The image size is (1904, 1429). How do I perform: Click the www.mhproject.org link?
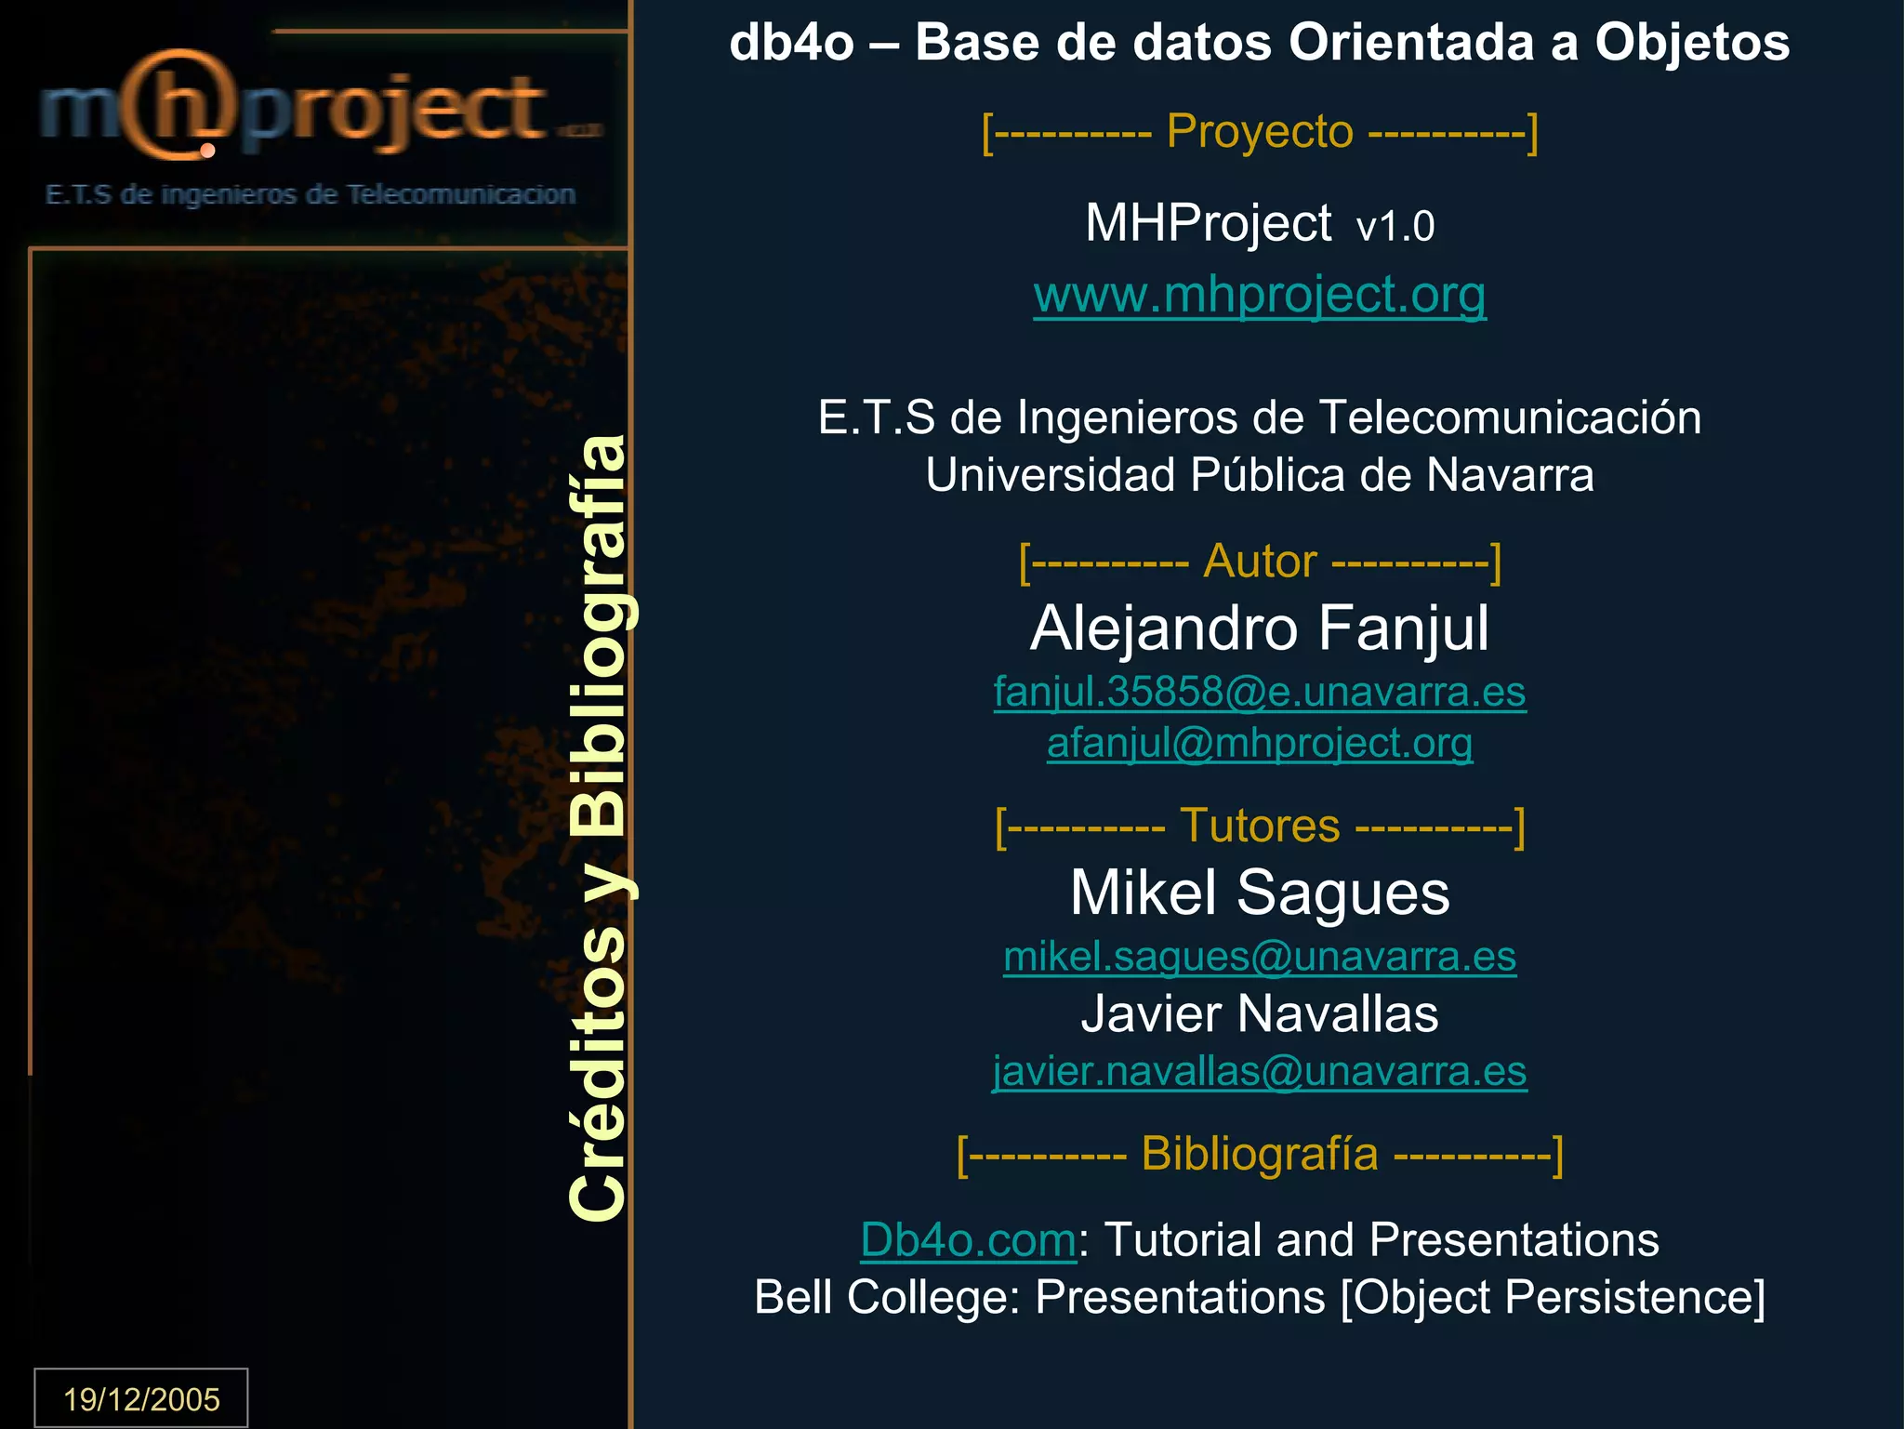pyautogui.click(x=1259, y=295)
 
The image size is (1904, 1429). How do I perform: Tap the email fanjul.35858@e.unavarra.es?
pyautogui.click(x=1259, y=692)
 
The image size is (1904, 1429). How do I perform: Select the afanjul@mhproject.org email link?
pyautogui.click(x=1259, y=743)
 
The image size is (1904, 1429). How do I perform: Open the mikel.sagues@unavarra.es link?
pyautogui.click(x=1259, y=957)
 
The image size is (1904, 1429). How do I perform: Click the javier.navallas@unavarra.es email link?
pyautogui.click(x=1259, y=1071)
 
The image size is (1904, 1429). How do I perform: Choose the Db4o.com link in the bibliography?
pyautogui.click(x=967, y=1239)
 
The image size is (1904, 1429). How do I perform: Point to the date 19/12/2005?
pyautogui.click(x=141, y=1398)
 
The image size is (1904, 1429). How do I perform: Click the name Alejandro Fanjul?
pyautogui.click(x=1259, y=628)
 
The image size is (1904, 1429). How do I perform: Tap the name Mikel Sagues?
pyautogui.click(x=1259, y=893)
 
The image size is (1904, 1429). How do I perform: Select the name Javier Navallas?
pyautogui.click(x=1259, y=1013)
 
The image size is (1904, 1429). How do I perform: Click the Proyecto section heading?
pyautogui.click(x=1259, y=131)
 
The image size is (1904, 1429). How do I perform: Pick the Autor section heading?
pyautogui.click(x=1259, y=562)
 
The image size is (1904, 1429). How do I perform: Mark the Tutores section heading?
pyautogui.click(x=1259, y=826)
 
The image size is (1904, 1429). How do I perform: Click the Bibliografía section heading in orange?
pyautogui.click(x=1259, y=1154)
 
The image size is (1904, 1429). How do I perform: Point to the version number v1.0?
pyautogui.click(x=1395, y=226)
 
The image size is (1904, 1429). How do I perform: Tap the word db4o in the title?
pyautogui.click(x=790, y=43)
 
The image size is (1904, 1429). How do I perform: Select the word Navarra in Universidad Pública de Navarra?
pyautogui.click(x=1510, y=475)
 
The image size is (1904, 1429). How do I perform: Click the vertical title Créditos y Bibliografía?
pyautogui.click(x=600, y=827)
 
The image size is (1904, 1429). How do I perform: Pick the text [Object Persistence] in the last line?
pyautogui.click(x=1552, y=1297)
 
